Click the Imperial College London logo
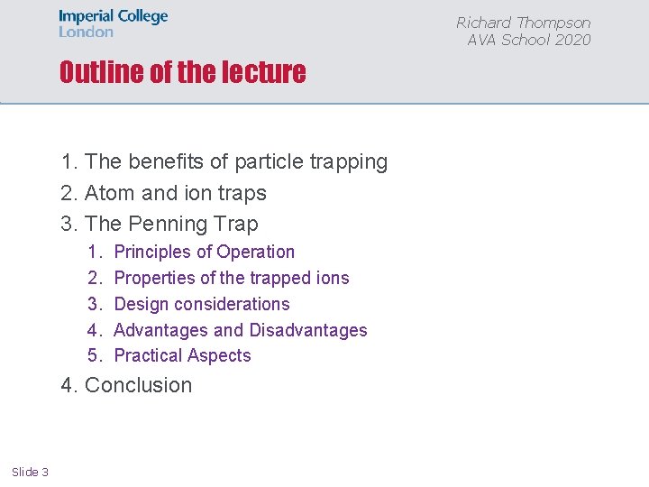pos(113,23)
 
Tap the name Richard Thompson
pos(523,23)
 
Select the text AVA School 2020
pos(529,40)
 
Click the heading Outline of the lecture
pos(182,72)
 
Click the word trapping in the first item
pos(348,162)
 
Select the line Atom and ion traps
pos(175,193)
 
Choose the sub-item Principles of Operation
pos(205,252)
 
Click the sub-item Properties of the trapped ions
pos(232,278)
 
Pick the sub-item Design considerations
pos(202,304)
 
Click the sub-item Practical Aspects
pos(183,355)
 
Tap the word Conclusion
pos(138,385)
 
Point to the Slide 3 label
pos(31,472)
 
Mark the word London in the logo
pos(87,32)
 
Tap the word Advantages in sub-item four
pos(160,330)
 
